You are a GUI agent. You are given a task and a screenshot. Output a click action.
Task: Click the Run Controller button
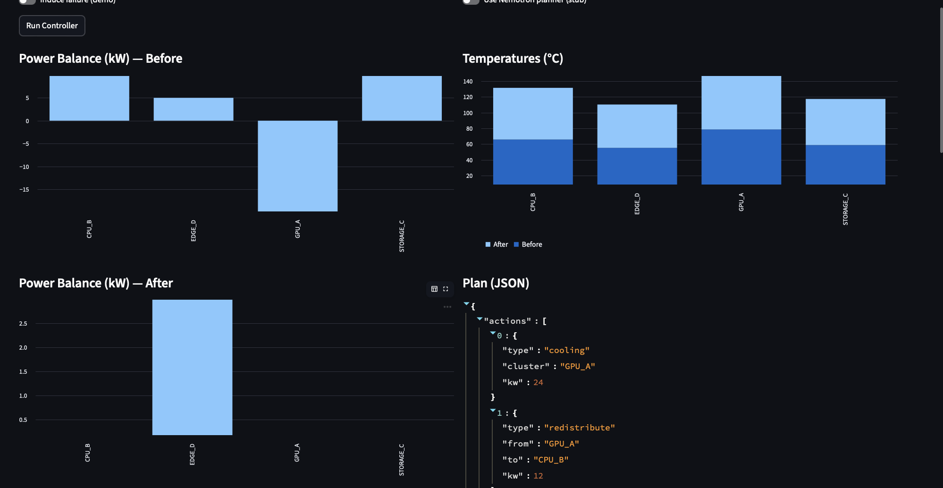point(52,25)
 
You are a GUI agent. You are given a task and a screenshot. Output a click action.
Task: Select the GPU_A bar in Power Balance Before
point(297,166)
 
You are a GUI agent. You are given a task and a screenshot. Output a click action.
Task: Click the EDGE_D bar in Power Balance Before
point(193,109)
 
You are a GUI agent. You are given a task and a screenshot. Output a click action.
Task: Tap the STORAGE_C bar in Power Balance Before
point(402,98)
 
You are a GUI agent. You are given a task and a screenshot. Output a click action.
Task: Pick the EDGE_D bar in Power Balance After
point(192,367)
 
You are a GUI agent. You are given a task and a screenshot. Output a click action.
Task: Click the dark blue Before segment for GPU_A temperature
point(741,157)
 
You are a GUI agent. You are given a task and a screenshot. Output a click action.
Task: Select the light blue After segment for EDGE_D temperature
point(637,126)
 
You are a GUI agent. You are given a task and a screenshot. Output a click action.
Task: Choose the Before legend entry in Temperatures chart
point(528,244)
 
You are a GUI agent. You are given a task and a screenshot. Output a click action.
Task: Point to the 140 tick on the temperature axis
point(468,82)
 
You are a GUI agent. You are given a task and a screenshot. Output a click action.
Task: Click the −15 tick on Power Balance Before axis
point(24,190)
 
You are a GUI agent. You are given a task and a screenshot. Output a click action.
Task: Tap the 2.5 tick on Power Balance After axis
point(23,324)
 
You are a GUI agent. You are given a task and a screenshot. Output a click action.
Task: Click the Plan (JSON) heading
point(496,283)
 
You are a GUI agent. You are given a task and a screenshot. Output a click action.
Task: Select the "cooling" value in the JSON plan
point(566,350)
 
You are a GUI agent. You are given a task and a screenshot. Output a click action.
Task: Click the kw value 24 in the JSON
point(538,382)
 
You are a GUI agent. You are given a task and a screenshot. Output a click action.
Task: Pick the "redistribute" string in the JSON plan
point(579,428)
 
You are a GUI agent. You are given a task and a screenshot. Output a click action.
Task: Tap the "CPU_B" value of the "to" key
point(551,460)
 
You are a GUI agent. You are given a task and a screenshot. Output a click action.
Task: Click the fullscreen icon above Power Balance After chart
point(446,289)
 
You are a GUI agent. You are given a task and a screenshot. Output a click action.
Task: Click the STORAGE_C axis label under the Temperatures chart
point(845,209)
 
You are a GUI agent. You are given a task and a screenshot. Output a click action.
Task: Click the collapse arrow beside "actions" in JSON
point(480,320)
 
